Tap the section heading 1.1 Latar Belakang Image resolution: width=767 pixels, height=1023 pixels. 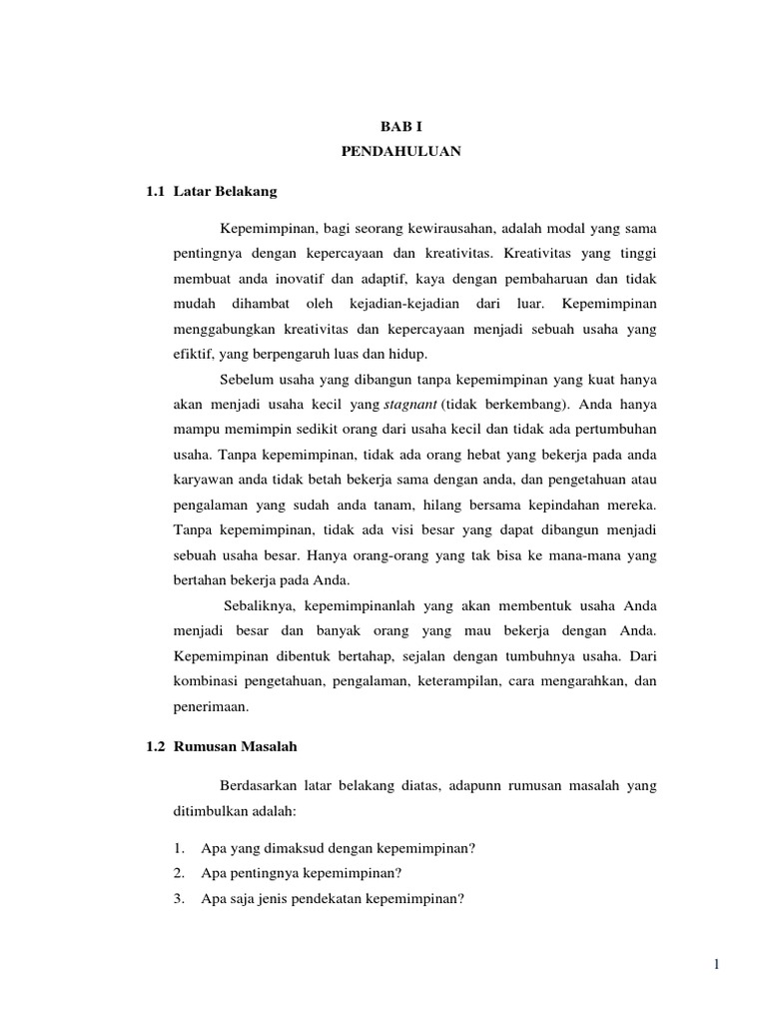click(212, 190)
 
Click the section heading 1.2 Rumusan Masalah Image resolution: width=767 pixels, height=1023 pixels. click(221, 745)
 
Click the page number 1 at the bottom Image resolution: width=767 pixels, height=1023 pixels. click(716, 963)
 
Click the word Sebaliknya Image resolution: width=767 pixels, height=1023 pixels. click(263, 606)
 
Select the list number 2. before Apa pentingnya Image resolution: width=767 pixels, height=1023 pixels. click(179, 871)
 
